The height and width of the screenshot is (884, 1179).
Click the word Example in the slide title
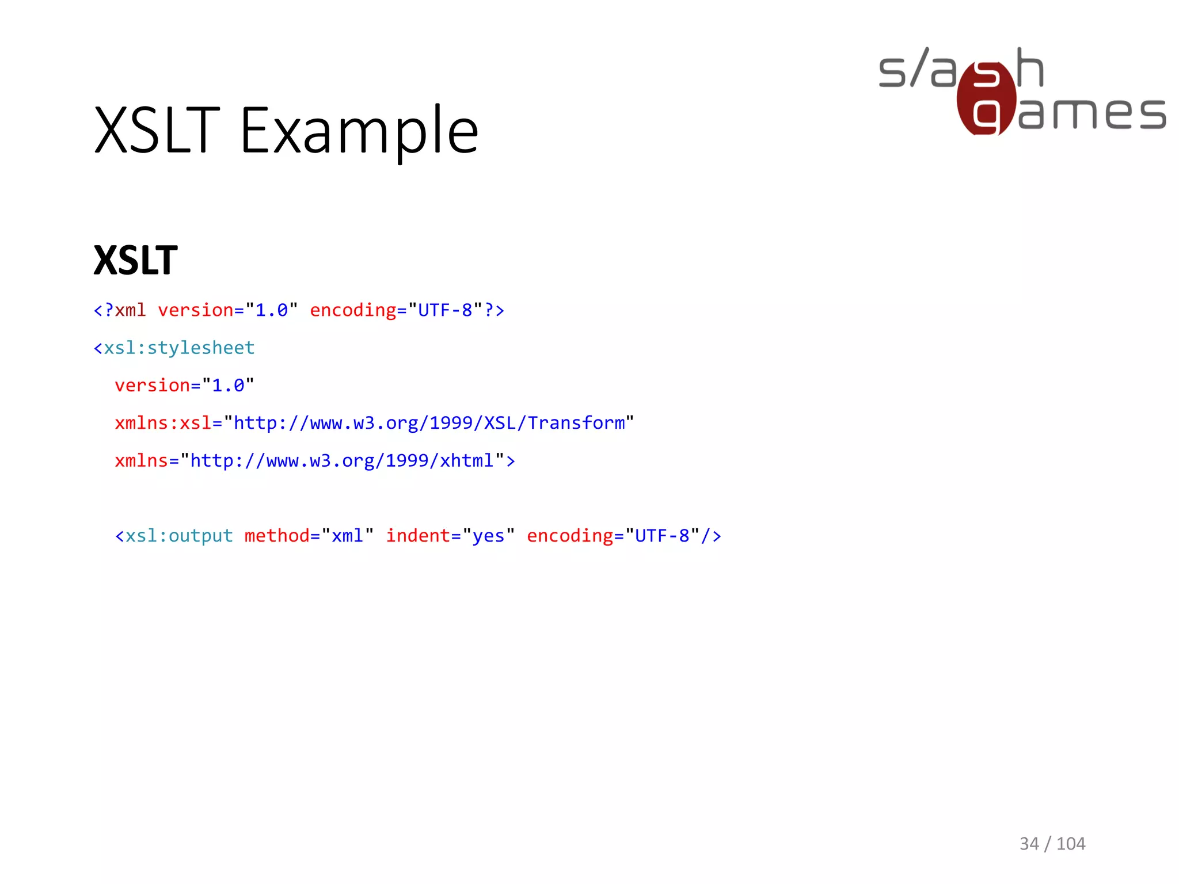tap(359, 131)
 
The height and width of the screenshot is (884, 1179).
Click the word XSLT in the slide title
tap(157, 131)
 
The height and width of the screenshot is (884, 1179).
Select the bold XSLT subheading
tap(136, 261)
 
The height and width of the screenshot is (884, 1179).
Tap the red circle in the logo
tap(986, 98)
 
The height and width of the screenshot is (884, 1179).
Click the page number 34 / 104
tap(1052, 843)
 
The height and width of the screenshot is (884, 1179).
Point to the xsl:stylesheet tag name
tap(179, 348)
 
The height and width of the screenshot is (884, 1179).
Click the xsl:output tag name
tap(179, 536)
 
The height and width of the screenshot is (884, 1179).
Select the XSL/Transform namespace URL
tap(429, 423)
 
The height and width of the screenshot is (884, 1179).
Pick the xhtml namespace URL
tap(342, 460)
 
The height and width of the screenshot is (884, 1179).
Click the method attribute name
tap(277, 536)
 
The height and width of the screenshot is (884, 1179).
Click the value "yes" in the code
tap(488, 536)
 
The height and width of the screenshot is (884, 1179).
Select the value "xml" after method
tap(347, 536)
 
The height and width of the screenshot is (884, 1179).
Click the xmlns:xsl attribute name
tap(163, 423)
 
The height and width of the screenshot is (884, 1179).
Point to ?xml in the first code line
tap(125, 311)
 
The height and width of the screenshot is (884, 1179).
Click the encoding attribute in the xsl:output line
tap(569, 536)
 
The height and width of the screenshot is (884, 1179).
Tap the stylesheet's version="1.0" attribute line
tap(184, 386)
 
